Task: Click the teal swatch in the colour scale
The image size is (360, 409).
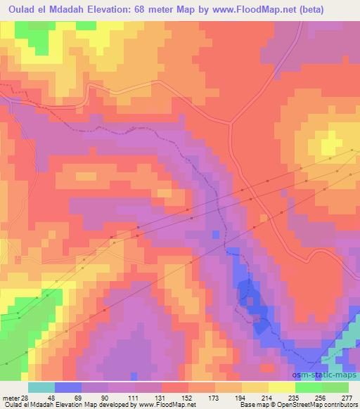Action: pyautogui.click(x=41, y=387)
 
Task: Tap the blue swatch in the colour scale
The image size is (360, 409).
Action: pyautogui.click(x=66, y=387)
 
